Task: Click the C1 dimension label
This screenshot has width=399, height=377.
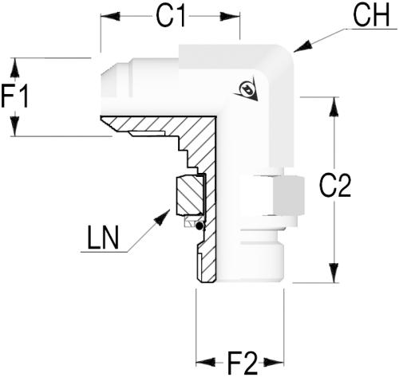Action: coord(170,16)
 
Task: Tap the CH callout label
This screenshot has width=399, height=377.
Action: coord(371,15)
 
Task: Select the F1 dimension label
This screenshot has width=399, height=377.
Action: coord(14,96)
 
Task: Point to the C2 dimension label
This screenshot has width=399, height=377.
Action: coord(335,186)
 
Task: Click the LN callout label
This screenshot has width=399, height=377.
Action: coord(103,238)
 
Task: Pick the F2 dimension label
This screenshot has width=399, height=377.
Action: coord(243,363)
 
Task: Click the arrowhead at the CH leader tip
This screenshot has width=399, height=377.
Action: coord(302,47)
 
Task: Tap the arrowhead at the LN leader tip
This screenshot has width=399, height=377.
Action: coord(162,218)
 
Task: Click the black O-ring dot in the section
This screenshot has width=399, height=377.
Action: coord(199,226)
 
